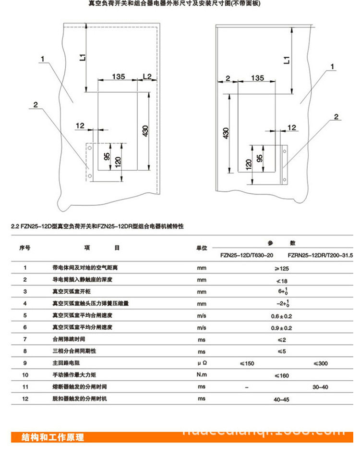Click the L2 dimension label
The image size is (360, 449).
tap(147, 76)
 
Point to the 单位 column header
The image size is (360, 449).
tap(202, 248)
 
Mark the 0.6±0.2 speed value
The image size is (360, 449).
tap(282, 316)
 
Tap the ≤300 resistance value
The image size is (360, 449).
tap(320, 363)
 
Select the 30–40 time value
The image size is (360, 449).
tap(320, 387)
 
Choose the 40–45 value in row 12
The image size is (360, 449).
tap(282, 399)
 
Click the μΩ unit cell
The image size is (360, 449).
tap(202, 363)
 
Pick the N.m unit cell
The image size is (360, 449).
tap(202, 375)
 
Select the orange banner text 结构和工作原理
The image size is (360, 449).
tap(53, 437)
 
